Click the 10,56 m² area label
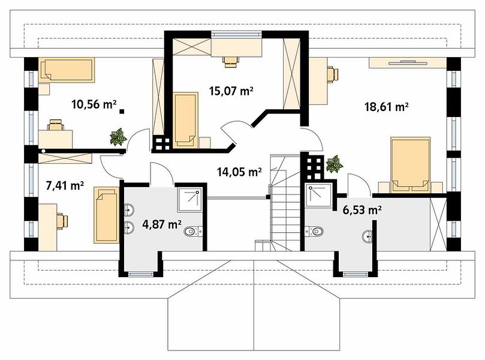pos(94,104)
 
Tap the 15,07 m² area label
pos(231,91)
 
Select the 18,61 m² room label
pos(387,107)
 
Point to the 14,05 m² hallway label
pos(240,172)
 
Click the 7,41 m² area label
pos(65,185)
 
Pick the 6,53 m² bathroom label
pos(362,211)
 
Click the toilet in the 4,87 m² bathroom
pos(193,231)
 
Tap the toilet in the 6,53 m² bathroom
pos(314,231)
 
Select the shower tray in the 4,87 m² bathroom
pos(190,200)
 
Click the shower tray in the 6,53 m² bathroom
pos(318,195)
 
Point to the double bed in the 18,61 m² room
pos(411,164)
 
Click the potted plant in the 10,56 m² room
pos(118,137)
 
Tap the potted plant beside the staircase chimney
pos(335,164)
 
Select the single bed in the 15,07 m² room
pos(185,120)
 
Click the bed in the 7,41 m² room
pos(106,215)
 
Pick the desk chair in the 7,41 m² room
pos(62,221)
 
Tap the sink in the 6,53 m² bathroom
pos(367,236)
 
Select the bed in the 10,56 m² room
pos(67,70)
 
